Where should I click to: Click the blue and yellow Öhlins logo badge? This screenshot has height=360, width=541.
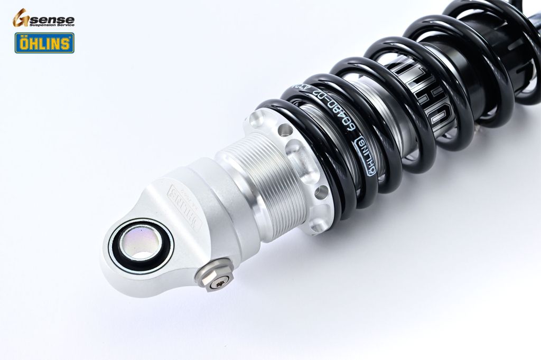[x=44, y=43]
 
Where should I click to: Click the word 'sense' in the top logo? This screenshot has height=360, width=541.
[x=52, y=20]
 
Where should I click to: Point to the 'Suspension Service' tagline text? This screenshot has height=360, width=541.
[x=52, y=25]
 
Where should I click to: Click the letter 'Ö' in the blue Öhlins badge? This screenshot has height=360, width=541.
[x=24, y=43]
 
